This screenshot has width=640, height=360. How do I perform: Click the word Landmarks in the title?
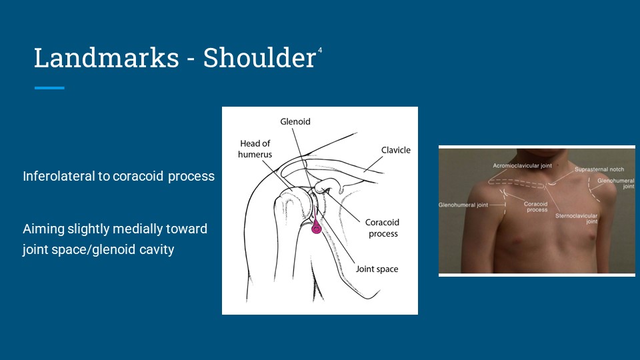pos(107,57)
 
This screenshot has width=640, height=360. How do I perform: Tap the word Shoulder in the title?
pos(259,57)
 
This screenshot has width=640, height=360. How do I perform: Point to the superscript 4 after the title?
pos(320,50)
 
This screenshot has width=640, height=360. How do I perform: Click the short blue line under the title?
pos(49,88)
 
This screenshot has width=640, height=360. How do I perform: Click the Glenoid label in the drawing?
pos(295,121)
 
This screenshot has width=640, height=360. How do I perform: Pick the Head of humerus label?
pos(255,149)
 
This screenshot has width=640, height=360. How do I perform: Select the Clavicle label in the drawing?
pos(396,150)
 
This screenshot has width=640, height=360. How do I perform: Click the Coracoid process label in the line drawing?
pos(383,228)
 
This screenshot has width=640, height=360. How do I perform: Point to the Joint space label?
pos(377,269)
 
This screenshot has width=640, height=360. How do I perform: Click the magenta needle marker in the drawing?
pos(316,227)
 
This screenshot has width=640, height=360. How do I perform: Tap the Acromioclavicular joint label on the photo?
pos(522,166)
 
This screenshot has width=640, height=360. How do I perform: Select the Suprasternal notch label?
pos(599,169)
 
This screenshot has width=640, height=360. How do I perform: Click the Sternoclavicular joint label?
pos(576,219)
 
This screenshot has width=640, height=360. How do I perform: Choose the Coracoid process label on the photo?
pos(536,207)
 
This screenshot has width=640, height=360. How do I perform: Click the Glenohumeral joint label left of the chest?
pos(463,205)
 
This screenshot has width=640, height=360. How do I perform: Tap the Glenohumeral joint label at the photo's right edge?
pos(616,183)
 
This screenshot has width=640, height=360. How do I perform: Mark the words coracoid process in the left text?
pos(164,176)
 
